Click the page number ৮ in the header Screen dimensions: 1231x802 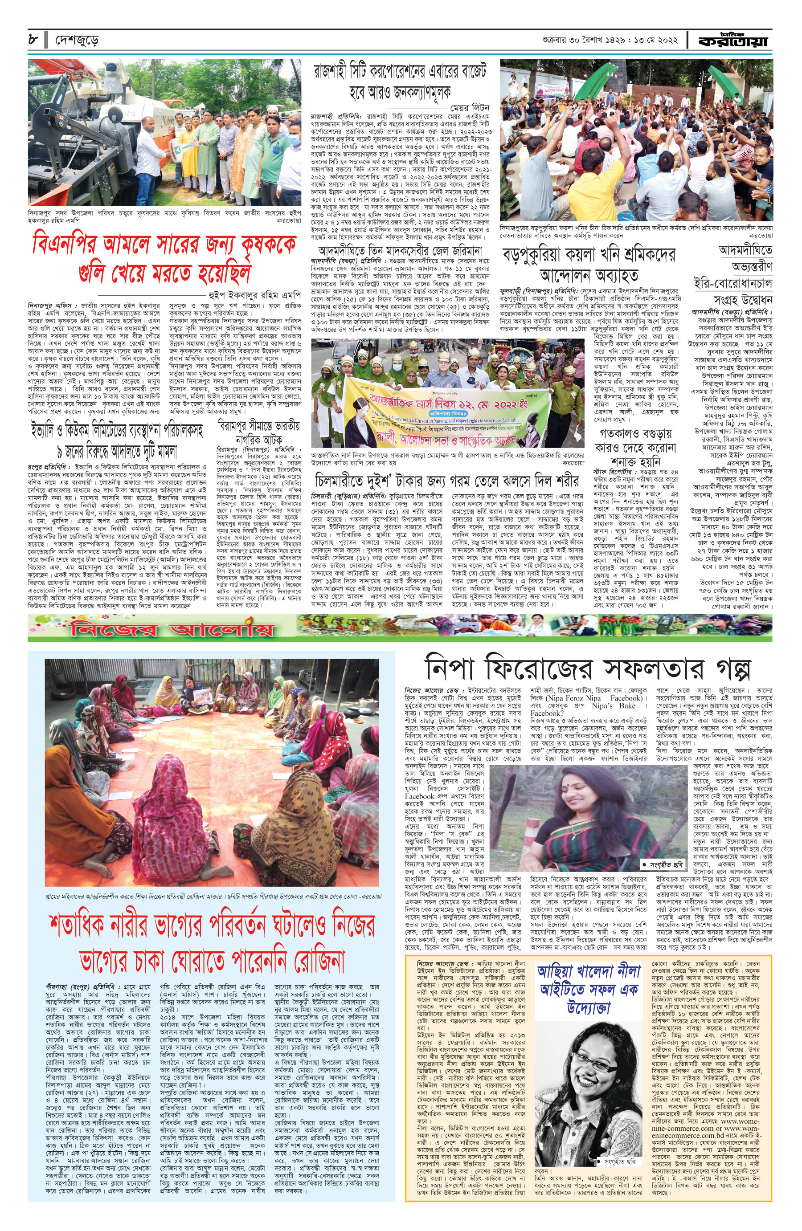tap(33, 39)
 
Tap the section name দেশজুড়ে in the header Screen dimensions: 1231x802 tap(77, 40)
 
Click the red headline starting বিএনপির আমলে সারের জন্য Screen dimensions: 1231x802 tap(164, 258)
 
